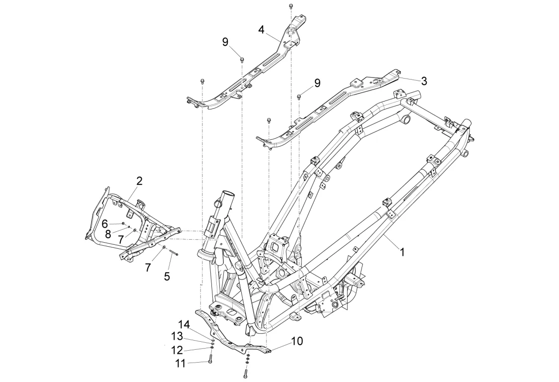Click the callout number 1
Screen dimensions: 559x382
[402, 253]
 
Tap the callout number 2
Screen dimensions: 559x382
[139, 181]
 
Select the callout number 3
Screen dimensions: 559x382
[424, 81]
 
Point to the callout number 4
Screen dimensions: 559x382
[261, 30]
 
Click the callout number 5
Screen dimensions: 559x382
[167, 276]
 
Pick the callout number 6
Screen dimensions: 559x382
[104, 224]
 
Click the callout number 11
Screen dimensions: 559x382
[181, 364]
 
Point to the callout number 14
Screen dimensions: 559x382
[185, 324]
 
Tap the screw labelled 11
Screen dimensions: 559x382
[210, 359]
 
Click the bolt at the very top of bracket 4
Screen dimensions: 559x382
[291, 6]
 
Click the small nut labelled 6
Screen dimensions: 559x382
[123, 224]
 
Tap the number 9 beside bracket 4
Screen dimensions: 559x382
[225, 42]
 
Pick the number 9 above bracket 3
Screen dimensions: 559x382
[317, 83]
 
